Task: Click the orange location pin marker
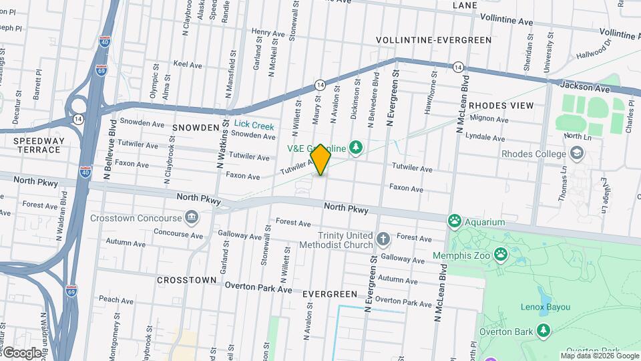click(321, 159)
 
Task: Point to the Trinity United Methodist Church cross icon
click(383, 239)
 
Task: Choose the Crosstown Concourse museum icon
click(192, 218)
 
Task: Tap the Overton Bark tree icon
click(544, 331)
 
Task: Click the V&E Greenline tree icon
click(357, 147)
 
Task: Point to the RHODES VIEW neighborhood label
click(501, 106)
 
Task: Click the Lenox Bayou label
click(546, 307)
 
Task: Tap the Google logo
click(22, 352)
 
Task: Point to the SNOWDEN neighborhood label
click(196, 127)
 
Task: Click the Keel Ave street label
click(188, 65)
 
